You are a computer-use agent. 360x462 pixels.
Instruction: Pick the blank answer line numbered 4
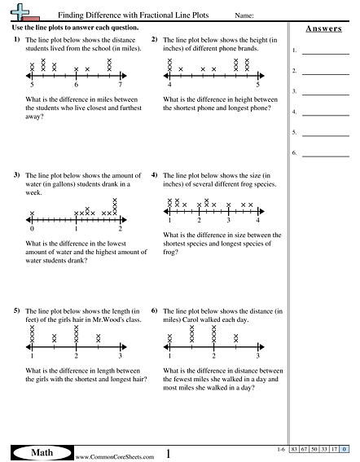(x=326, y=112)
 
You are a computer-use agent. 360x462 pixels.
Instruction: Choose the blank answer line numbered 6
(x=326, y=152)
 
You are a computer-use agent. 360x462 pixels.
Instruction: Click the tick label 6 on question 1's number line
(x=76, y=85)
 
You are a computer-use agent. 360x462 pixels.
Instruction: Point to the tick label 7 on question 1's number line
(x=120, y=85)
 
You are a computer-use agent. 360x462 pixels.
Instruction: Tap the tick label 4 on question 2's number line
(x=169, y=85)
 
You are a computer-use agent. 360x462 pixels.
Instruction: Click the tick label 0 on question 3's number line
(x=32, y=229)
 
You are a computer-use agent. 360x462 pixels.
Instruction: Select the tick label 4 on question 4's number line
(x=257, y=221)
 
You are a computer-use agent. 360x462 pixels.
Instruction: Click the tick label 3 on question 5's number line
(x=120, y=357)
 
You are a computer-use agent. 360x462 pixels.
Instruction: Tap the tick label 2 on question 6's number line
(x=213, y=357)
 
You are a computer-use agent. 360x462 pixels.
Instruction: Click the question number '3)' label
(x=16, y=175)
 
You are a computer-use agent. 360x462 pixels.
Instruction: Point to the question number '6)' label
(x=155, y=311)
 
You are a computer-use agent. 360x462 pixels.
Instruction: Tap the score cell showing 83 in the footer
(x=296, y=450)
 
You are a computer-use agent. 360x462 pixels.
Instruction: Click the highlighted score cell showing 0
(x=345, y=450)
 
